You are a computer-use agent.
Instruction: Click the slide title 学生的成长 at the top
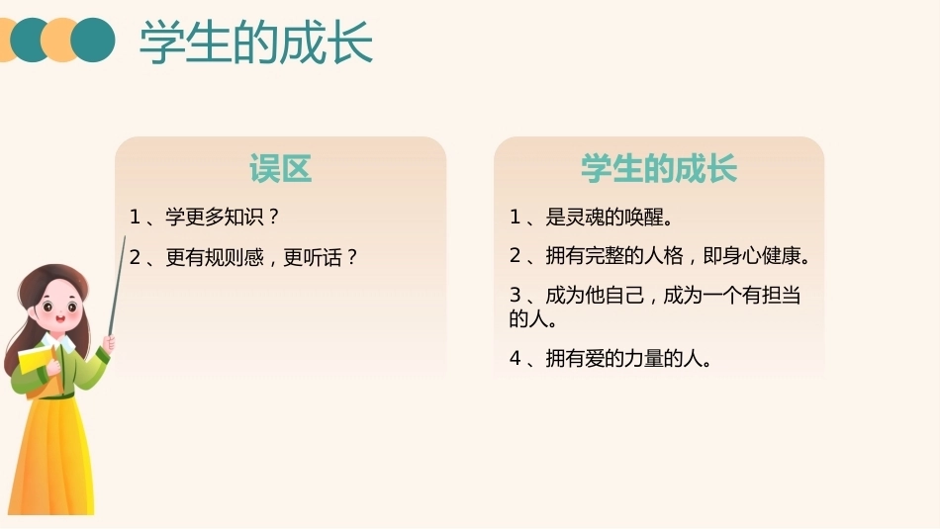(256, 42)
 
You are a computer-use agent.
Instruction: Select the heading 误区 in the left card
(281, 168)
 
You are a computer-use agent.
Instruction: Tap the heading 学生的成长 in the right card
(659, 168)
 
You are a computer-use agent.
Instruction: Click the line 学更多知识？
(223, 217)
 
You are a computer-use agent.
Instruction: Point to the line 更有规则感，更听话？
(261, 258)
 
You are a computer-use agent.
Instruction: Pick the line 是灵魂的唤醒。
(609, 217)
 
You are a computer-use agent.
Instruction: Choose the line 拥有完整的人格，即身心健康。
(678, 256)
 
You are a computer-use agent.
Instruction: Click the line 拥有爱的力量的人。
(628, 358)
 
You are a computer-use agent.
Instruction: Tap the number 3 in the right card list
(515, 295)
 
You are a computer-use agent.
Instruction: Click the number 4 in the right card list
(515, 358)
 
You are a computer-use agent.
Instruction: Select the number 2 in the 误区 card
(135, 258)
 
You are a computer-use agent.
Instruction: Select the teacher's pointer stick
(117, 287)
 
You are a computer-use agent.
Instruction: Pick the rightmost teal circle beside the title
(93, 41)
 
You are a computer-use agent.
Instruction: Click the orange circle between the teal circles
(60, 41)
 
